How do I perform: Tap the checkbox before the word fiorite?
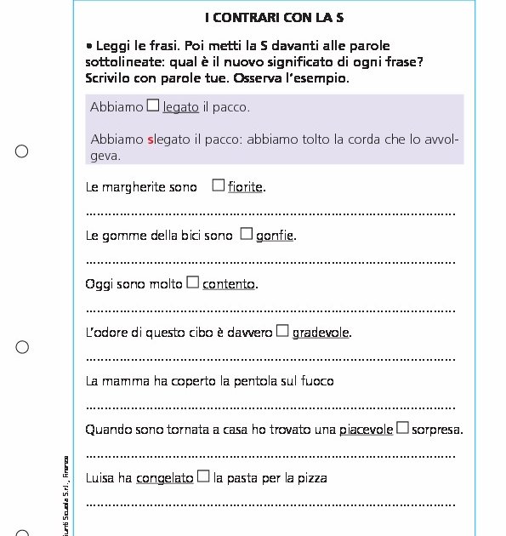pos(219,185)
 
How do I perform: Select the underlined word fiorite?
pos(245,187)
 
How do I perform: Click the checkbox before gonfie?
pos(247,234)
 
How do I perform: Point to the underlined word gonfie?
pos(275,236)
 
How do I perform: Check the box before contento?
pos(192,282)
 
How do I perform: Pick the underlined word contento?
pos(229,284)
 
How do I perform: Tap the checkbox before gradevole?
pos(282,331)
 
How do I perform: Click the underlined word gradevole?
pos(321,333)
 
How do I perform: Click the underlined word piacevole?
pos(366,430)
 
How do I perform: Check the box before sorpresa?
pos(402,428)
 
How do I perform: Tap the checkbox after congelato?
pos(203,476)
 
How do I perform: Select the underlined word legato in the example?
pos(180,107)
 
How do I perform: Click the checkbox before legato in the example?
pos(153,105)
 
